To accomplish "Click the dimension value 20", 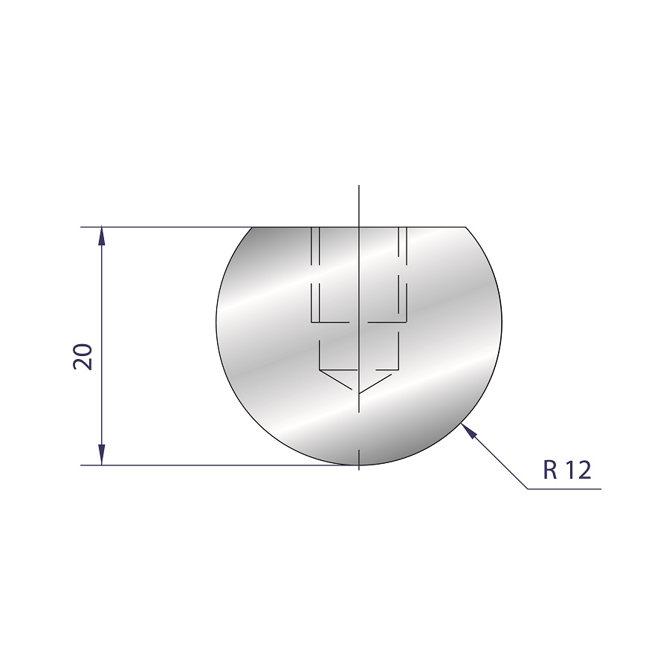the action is (83, 357).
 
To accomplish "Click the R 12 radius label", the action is (567, 470).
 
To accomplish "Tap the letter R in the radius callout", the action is (550, 470).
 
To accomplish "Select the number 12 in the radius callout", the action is (578, 470).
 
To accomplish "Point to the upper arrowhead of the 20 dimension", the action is (102, 235).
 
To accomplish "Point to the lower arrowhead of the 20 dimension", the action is (102, 455).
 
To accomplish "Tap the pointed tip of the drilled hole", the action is (359, 393).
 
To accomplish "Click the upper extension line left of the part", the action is (167, 227).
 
